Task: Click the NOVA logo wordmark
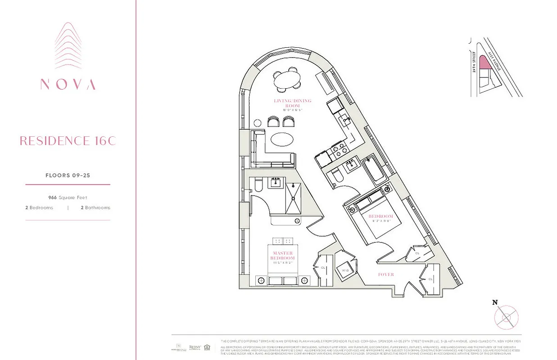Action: coord(68,84)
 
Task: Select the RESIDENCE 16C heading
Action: coord(68,141)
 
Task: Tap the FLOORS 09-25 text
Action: coord(68,175)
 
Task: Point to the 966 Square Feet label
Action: coord(68,198)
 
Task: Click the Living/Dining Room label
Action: coord(293,103)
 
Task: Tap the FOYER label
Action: coord(386,274)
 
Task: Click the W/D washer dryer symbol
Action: coord(346,270)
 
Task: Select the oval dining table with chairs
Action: coord(288,81)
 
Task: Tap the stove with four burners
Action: coord(338,152)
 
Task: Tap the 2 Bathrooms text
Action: coord(95,208)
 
